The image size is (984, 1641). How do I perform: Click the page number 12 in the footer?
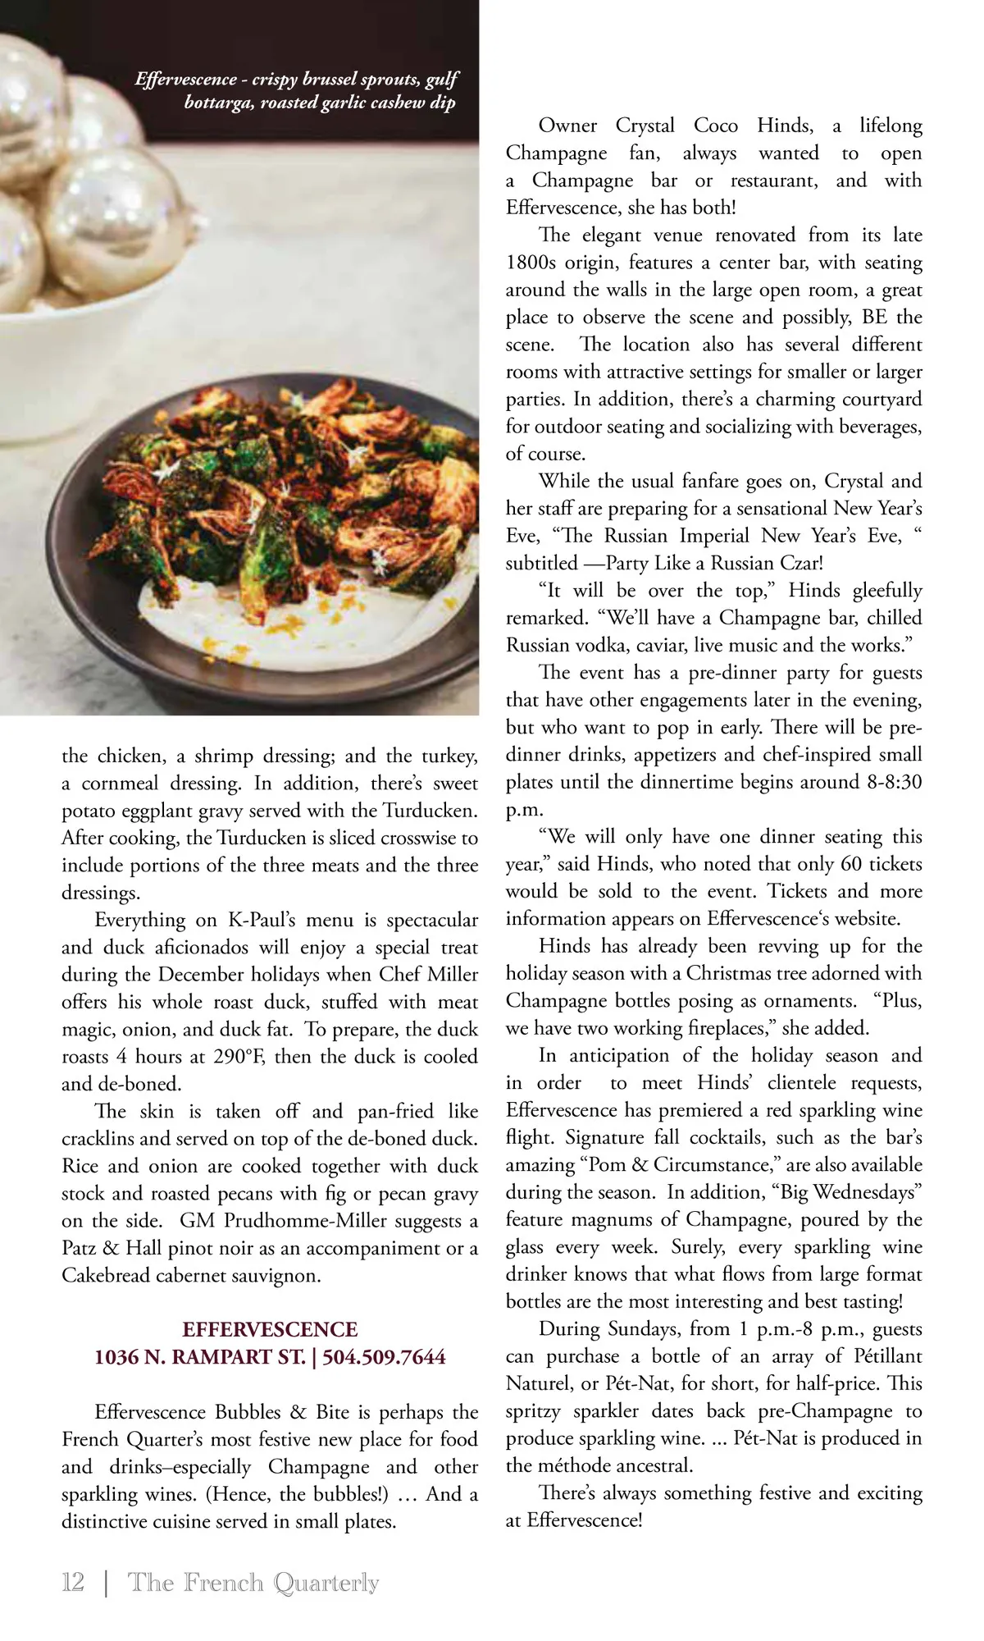pos(73,1582)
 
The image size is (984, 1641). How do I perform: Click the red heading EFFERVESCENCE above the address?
pos(270,1329)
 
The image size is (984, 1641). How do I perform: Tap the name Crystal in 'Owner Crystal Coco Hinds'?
pos(645,126)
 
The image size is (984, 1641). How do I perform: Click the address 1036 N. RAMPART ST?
pos(199,1356)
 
